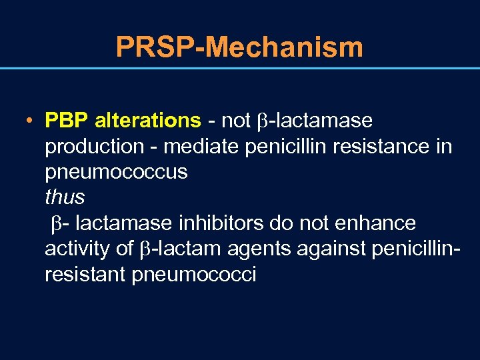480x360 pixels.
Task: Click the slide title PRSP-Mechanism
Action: tap(239, 47)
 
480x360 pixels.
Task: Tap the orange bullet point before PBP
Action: tap(31, 121)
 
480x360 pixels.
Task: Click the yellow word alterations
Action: tap(147, 121)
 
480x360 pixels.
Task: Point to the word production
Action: tap(94, 147)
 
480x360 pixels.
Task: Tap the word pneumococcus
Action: tap(116, 172)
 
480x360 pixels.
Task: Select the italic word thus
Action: tap(65, 197)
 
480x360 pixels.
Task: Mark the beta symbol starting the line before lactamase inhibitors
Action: tap(57, 223)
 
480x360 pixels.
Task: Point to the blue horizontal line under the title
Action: tap(239, 68)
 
